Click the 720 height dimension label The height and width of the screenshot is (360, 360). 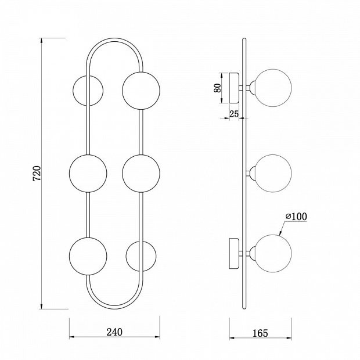[37, 173]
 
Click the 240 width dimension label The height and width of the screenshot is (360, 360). [114, 332]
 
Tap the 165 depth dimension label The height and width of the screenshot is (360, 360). [260, 333]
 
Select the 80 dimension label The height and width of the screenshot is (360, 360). [217, 88]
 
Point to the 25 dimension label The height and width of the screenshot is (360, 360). [234, 114]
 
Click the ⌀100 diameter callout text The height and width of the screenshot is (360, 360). [296, 216]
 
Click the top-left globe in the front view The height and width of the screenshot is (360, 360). [88, 91]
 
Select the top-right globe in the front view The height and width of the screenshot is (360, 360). [141, 91]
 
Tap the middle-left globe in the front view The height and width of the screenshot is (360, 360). [88, 173]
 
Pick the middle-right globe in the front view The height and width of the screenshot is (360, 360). [141, 173]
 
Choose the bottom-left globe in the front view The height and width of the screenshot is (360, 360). [88, 256]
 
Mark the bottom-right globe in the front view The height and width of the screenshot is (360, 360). [141, 256]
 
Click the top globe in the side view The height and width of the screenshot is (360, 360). [273, 88]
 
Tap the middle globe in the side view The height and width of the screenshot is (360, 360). [273, 174]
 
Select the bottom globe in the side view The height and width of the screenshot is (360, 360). [273, 254]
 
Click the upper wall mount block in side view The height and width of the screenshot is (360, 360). [234, 88]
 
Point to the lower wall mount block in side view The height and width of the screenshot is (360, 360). [234, 254]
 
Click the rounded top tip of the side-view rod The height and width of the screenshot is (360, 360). [244, 38]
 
